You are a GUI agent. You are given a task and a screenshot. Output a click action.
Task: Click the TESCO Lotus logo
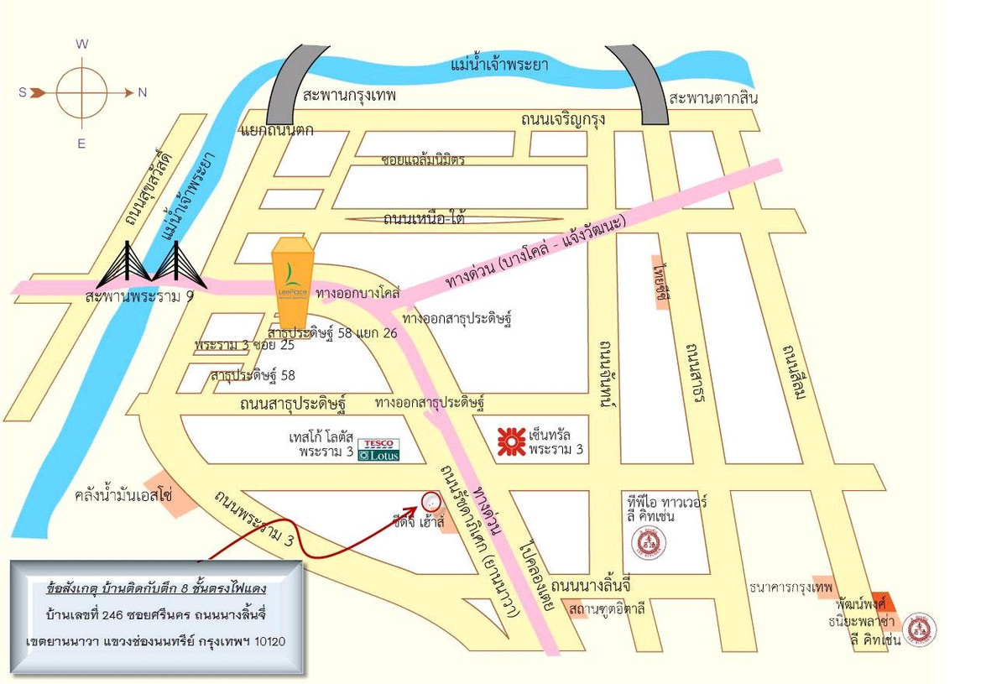pos(378,450)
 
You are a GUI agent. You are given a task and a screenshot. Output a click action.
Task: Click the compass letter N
pos(142,92)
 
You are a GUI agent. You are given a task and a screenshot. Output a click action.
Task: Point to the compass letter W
pos(82,44)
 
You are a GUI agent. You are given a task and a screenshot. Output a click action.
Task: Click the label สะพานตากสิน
pos(713,98)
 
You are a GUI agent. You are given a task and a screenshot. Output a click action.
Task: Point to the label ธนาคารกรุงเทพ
pos(791,587)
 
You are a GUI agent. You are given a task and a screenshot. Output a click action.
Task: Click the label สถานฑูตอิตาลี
pos(607,608)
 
